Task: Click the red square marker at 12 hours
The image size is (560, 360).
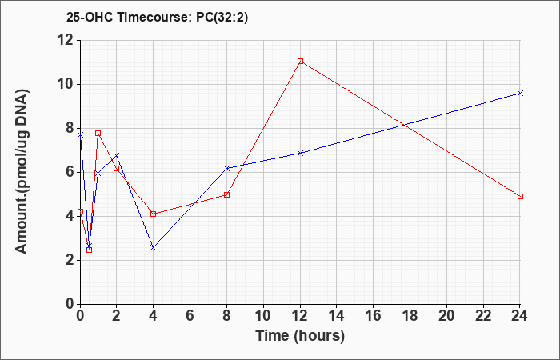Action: coord(300,61)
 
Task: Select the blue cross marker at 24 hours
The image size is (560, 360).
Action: coord(520,94)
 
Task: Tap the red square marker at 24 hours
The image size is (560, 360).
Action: coord(520,197)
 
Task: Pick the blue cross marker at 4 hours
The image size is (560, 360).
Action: coord(154,247)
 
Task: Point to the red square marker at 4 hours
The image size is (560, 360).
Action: coord(154,214)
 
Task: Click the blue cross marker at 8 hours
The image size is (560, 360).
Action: coord(226,168)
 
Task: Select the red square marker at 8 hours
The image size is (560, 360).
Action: coord(226,194)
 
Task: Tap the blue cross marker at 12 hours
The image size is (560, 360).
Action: coord(300,154)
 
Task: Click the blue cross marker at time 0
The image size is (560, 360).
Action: coord(80,135)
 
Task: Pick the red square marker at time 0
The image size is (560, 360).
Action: coord(80,211)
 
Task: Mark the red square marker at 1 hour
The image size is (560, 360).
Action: coord(98,134)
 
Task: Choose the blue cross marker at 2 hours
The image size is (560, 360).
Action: coord(117,155)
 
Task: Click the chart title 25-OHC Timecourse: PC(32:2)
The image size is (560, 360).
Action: coord(157,17)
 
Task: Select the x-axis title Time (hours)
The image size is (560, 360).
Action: coord(300,336)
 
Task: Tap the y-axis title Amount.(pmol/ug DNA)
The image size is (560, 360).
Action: coord(22,172)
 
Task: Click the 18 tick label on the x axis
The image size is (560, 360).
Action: coord(410,316)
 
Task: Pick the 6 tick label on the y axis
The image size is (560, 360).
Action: coord(70,172)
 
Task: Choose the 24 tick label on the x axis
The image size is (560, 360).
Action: coord(519,316)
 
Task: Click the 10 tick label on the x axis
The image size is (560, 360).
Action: coord(263,316)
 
